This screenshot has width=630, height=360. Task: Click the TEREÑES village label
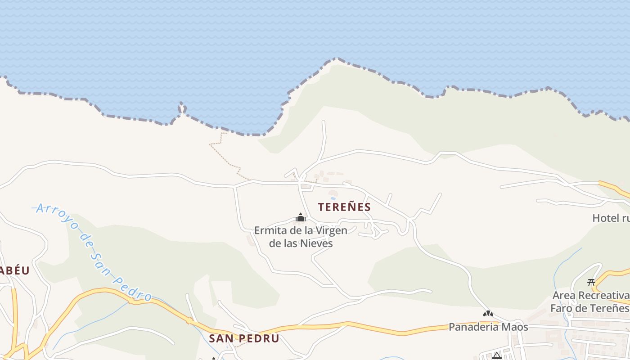[344, 207]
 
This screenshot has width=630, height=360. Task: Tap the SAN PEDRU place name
[244, 338]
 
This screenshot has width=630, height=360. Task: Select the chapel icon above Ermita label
[301, 218]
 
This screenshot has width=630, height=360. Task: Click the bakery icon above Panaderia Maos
[488, 314]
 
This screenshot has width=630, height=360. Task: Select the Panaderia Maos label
[488, 327]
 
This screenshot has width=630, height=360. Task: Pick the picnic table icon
[591, 283]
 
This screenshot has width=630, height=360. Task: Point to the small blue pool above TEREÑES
[333, 198]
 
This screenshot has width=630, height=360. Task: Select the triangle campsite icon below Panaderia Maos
[497, 356]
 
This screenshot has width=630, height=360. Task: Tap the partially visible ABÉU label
[14, 270]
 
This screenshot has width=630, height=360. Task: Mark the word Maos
[516, 327]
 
